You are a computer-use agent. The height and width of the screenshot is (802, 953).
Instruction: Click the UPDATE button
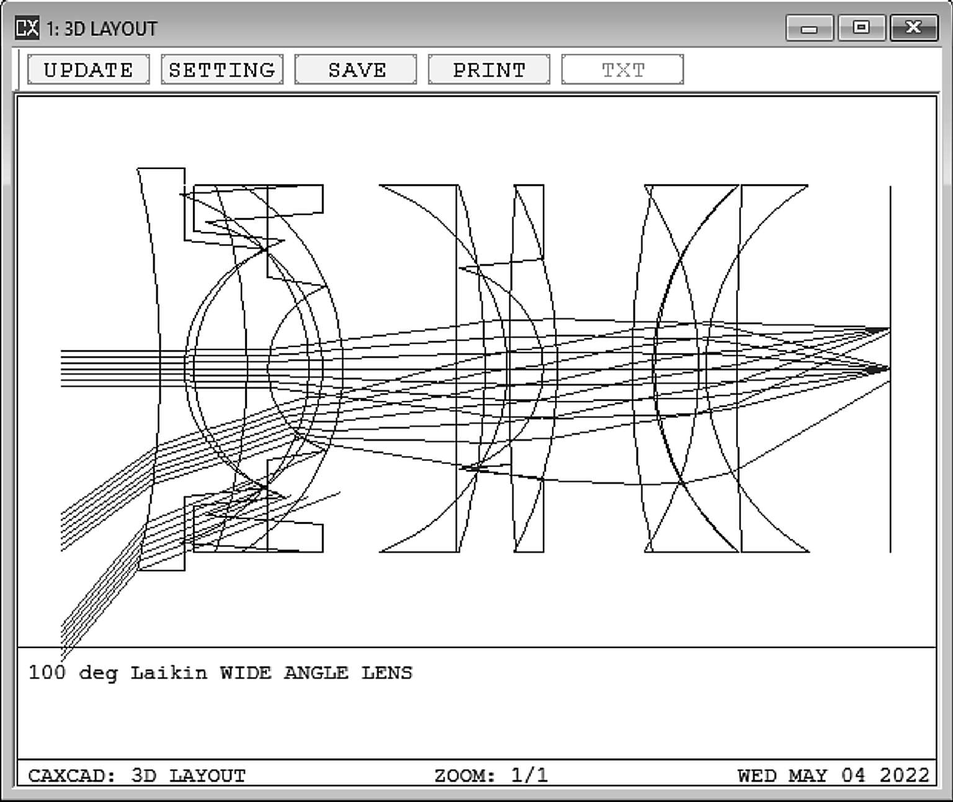tap(88, 70)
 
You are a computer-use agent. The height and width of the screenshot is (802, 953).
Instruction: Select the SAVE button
tap(356, 70)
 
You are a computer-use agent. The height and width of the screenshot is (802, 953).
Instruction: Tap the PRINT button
tap(489, 70)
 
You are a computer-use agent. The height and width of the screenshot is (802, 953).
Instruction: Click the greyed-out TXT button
tap(622, 70)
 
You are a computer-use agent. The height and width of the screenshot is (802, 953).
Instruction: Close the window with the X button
tap(913, 28)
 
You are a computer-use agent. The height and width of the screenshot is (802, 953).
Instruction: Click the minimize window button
tap(809, 28)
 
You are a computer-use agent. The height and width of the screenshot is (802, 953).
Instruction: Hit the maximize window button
tap(861, 28)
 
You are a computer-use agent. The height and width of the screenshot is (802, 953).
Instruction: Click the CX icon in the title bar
tap(27, 28)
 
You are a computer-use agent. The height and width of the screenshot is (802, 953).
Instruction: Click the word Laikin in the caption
tap(168, 673)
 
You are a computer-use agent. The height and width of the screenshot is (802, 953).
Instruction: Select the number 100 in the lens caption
tap(47, 672)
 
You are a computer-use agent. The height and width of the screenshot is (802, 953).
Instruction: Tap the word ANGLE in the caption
tap(316, 673)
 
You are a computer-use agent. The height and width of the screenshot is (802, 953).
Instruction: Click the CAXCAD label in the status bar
tap(71, 775)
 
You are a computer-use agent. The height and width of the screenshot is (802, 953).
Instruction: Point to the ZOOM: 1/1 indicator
tap(491, 775)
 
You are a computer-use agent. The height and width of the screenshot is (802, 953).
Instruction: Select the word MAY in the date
tap(808, 775)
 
